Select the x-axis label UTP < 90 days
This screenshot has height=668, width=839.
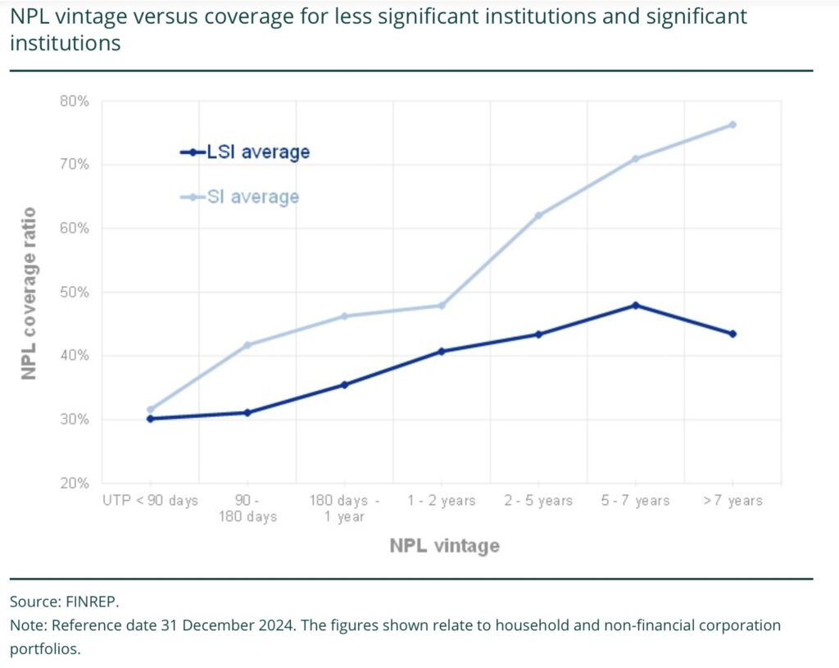pyautogui.click(x=150, y=501)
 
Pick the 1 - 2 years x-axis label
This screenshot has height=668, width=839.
pyautogui.click(x=442, y=501)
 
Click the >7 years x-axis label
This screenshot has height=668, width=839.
pyautogui.click(x=732, y=501)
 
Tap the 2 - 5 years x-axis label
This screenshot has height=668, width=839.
pyautogui.click(x=538, y=501)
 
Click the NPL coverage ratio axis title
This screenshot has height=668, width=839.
pyautogui.click(x=29, y=292)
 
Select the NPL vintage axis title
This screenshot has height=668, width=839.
pyautogui.click(x=444, y=546)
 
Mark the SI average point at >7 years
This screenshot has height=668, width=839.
pyautogui.click(x=732, y=125)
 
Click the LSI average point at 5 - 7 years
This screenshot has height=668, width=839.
pyautogui.click(x=636, y=305)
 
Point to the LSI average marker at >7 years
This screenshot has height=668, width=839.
pyautogui.click(x=732, y=334)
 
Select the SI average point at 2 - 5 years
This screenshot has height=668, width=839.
pyautogui.click(x=538, y=216)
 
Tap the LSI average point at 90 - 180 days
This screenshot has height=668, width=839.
pyautogui.click(x=247, y=412)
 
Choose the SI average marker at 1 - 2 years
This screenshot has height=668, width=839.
pyautogui.click(x=442, y=306)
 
